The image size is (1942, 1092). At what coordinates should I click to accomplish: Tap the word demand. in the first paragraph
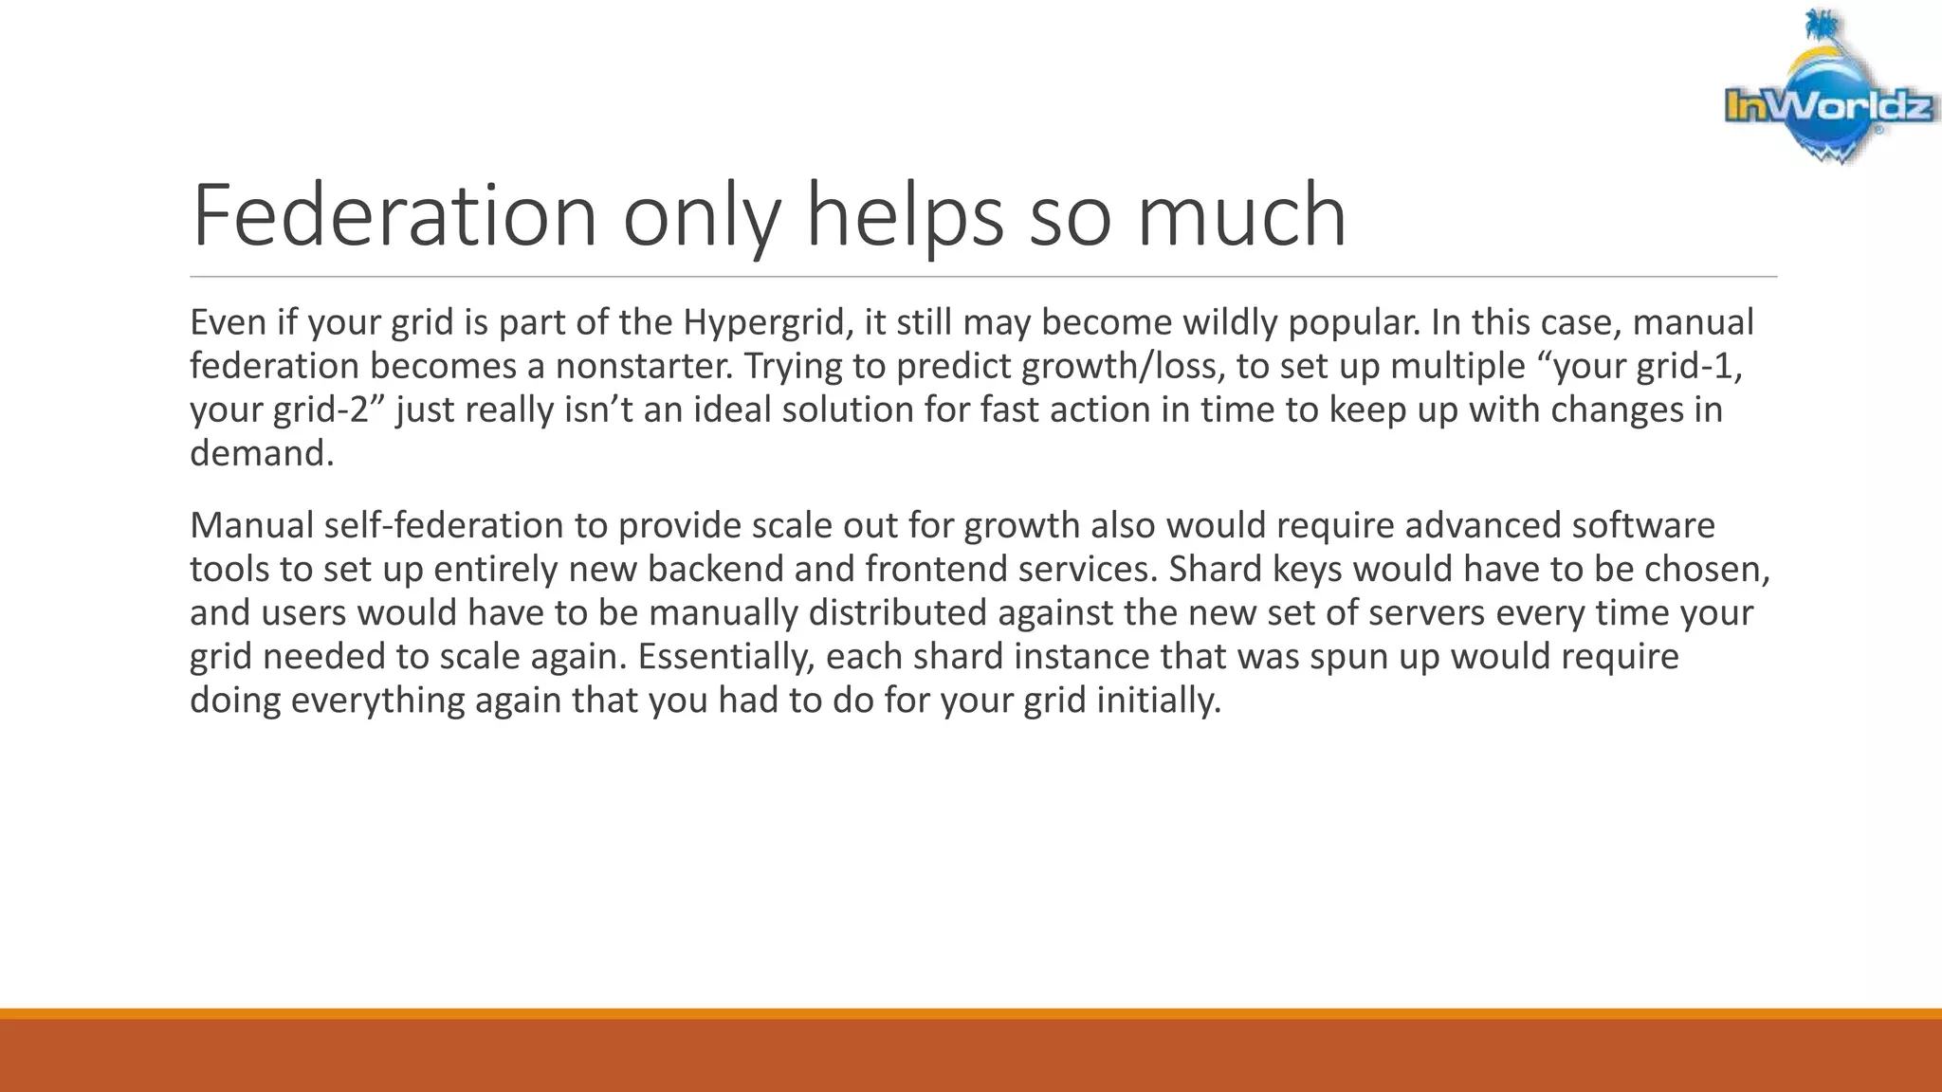pos(262,453)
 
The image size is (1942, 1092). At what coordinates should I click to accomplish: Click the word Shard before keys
pos(1215,569)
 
